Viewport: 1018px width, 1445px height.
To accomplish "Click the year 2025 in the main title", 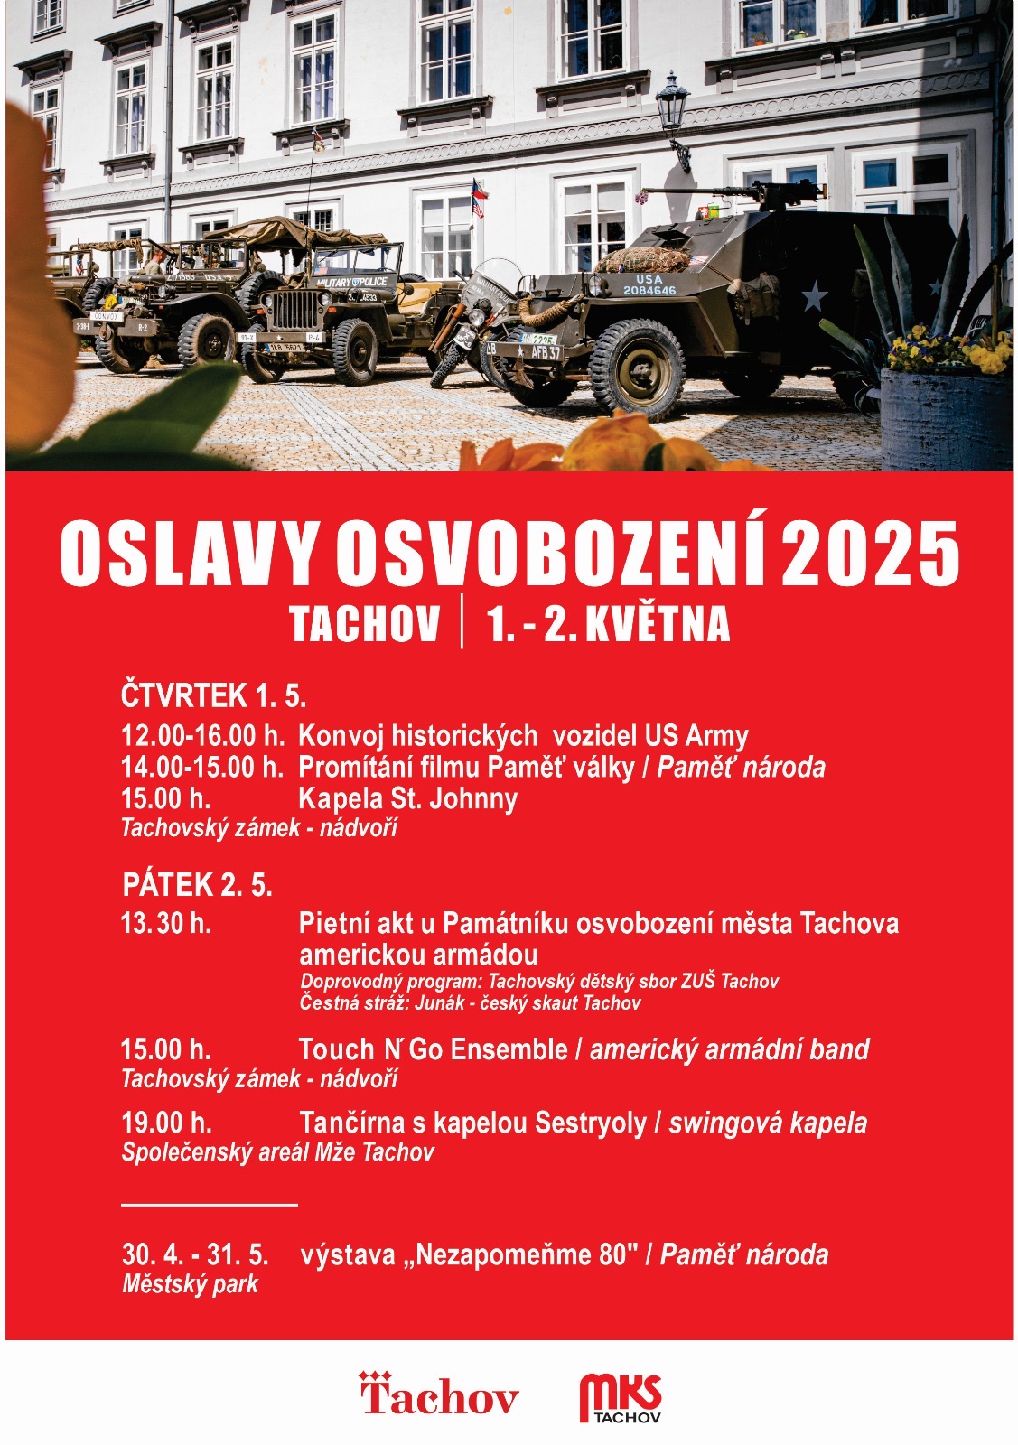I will (869, 553).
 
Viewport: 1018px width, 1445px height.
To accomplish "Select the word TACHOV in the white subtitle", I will (365, 624).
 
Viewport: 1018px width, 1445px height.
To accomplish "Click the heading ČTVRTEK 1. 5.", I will (213, 696).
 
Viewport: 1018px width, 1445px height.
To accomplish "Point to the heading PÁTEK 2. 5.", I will (197, 884).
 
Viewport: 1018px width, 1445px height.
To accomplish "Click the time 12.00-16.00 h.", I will (202, 736).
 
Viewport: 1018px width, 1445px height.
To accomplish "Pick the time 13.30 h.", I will (166, 923).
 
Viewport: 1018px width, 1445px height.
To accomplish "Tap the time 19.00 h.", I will (166, 1123).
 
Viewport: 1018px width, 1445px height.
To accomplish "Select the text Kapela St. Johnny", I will (407, 798).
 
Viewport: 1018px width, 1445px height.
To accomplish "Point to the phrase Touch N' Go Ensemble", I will (433, 1049).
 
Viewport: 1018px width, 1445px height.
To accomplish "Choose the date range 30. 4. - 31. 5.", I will (195, 1254).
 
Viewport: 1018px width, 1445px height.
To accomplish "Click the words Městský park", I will (190, 1284).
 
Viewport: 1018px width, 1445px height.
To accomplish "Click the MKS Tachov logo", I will (621, 1398).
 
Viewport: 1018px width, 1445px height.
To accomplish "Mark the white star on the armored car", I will (814, 295).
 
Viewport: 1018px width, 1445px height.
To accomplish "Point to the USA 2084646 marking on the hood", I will (649, 285).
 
